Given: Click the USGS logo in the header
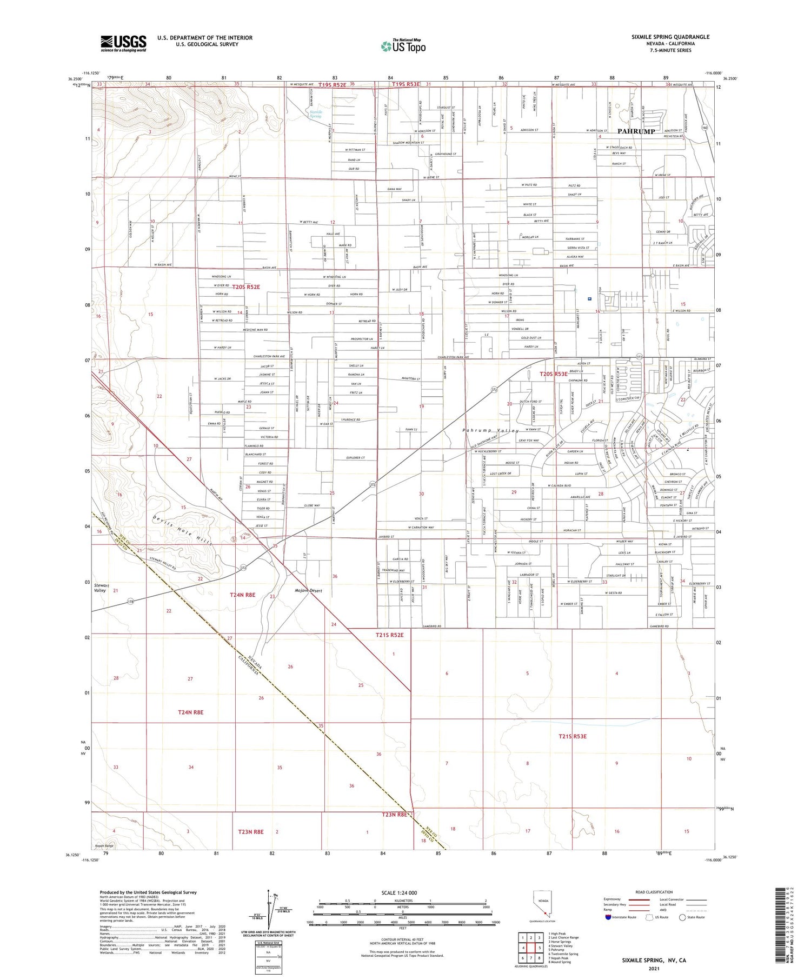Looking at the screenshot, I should coord(123,43).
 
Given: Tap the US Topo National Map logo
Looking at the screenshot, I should coord(403,46).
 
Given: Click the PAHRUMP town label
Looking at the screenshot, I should coord(636,131).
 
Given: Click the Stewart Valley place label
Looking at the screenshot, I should coord(100,588).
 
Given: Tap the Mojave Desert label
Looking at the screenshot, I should coord(308,591).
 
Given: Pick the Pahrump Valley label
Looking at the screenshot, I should coord(490,430).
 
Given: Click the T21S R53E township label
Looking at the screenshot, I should coord(573,736).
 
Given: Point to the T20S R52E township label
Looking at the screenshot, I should coord(246,287).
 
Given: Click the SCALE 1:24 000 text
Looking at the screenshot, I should coord(402,893).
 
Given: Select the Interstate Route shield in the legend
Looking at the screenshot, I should coord(608,917).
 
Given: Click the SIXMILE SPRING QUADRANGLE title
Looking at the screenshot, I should coord(670,37).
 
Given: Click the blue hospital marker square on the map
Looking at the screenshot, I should coord(589,298).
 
